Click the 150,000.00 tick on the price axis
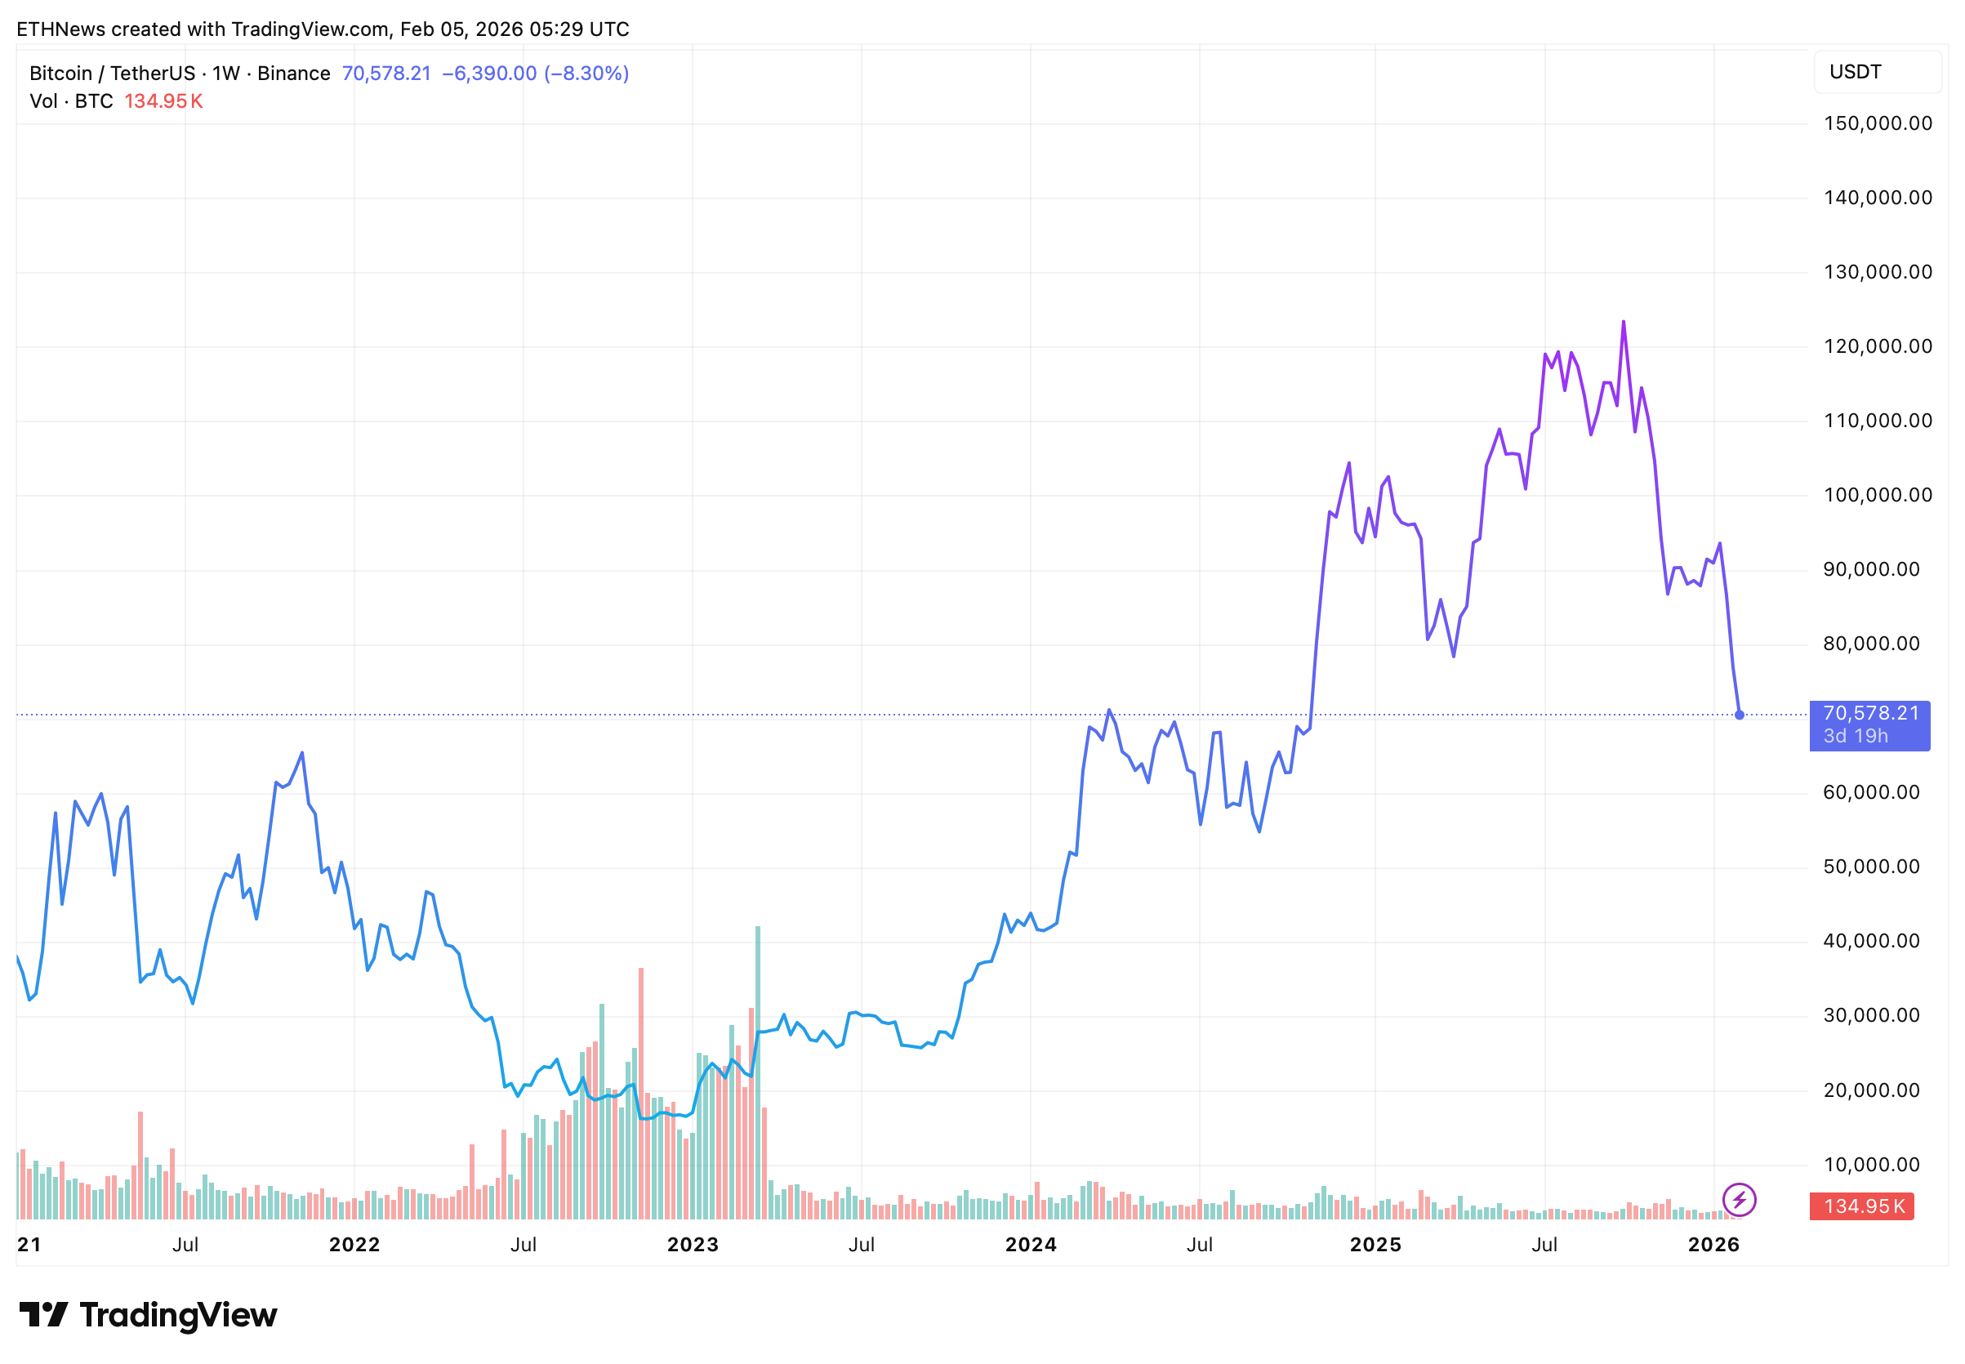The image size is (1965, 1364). click(x=1877, y=123)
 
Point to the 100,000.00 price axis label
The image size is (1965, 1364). click(x=1877, y=495)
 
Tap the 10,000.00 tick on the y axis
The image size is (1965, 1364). click(x=1871, y=1164)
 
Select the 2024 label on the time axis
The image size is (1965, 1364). click(x=1031, y=1245)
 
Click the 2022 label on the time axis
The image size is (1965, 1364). click(x=354, y=1245)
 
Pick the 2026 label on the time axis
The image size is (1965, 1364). click(x=1713, y=1245)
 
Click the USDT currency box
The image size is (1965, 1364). click(x=1876, y=72)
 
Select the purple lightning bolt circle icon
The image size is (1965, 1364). click(x=1739, y=1199)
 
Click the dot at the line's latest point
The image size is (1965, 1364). click(x=1739, y=715)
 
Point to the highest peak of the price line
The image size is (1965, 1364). click(x=1624, y=322)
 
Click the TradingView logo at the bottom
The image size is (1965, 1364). click(x=149, y=1314)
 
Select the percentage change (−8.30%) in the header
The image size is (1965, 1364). click(x=586, y=74)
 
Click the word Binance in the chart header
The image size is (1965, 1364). click(x=293, y=74)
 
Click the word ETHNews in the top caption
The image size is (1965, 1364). click(x=60, y=29)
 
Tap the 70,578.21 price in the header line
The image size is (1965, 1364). click(x=386, y=74)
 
